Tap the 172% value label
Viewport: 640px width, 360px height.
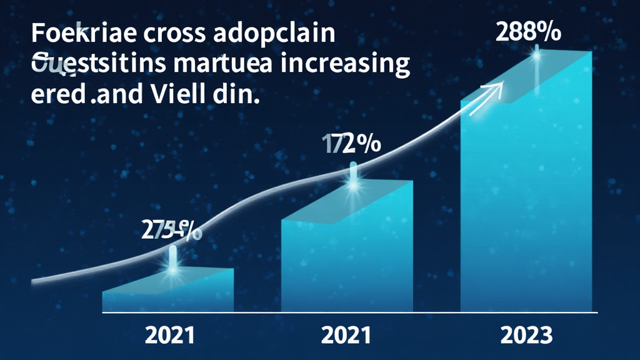tap(351, 144)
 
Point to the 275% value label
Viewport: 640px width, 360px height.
tap(171, 231)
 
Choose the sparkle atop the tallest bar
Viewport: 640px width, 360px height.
tap(536, 55)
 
